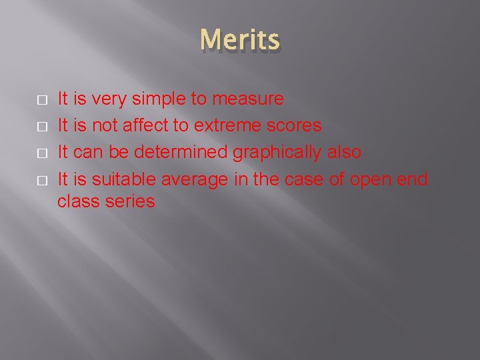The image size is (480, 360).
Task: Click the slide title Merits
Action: tap(240, 41)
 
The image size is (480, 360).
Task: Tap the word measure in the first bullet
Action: tap(247, 99)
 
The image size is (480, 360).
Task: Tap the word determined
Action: tap(180, 152)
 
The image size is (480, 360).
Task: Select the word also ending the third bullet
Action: tap(343, 152)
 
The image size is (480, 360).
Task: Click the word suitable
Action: tap(121, 179)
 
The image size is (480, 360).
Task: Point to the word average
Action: tap(195, 179)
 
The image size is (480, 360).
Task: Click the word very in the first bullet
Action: tap(109, 99)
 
